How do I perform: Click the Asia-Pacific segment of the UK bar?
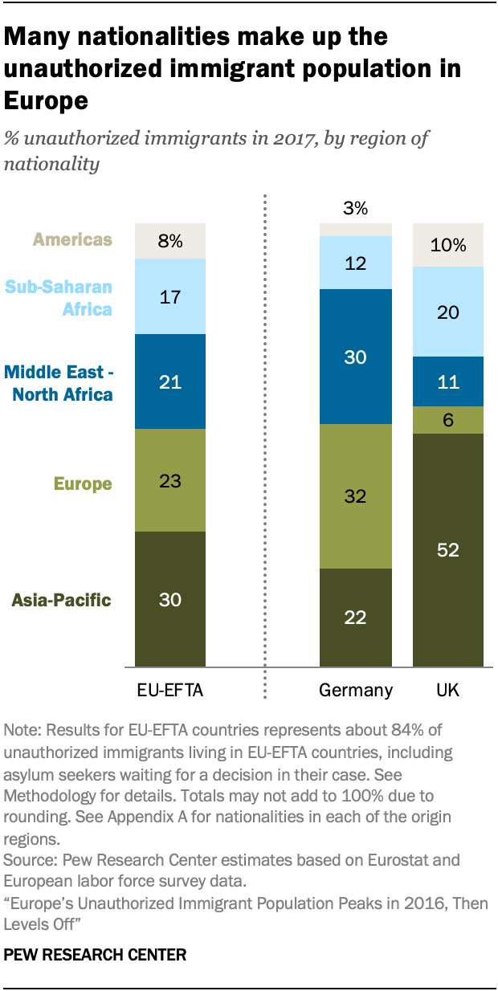pyautogui.click(x=447, y=550)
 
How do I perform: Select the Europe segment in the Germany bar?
pyautogui.click(x=356, y=496)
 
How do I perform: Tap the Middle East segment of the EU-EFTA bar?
pyautogui.click(x=170, y=381)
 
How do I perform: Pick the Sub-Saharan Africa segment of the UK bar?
pyautogui.click(x=447, y=312)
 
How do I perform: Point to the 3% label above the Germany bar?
pyautogui.click(x=355, y=209)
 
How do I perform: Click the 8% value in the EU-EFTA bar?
pyautogui.click(x=170, y=241)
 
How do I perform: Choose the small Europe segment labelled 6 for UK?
pyautogui.click(x=447, y=420)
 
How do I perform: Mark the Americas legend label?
pyautogui.click(x=73, y=239)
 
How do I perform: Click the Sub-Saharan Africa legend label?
pyautogui.click(x=59, y=298)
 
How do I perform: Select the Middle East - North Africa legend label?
pyautogui.click(x=58, y=383)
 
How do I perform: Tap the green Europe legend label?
pyautogui.click(x=83, y=484)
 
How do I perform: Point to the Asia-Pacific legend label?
pyautogui.click(x=61, y=600)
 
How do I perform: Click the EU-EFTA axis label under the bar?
pyautogui.click(x=170, y=690)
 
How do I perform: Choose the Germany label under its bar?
pyautogui.click(x=356, y=690)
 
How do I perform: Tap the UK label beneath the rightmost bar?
pyautogui.click(x=447, y=690)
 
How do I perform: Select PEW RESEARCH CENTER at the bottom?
pyautogui.click(x=96, y=955)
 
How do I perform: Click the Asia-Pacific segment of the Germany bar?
pyautogui.click(x=356, y=618)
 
